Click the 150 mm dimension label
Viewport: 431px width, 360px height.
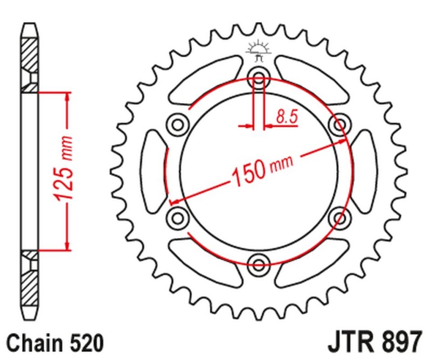261,168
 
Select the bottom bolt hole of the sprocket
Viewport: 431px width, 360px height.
259,264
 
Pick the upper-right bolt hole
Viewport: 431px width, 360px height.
340,124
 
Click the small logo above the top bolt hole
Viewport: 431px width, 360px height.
258,51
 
